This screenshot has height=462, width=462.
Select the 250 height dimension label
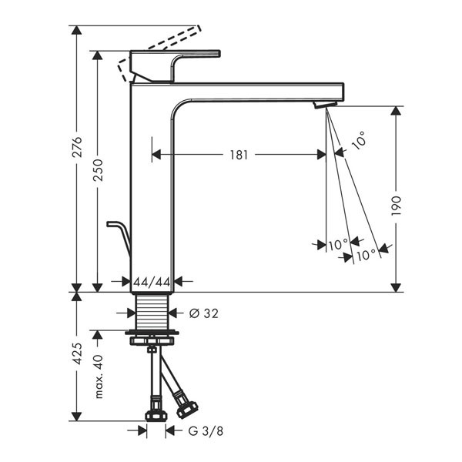(x=98, y=170)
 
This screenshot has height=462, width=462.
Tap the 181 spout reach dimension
(x=239, y=155)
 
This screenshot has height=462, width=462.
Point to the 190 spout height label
(x=397, y=206)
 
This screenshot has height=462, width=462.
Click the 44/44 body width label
(x=152, y=283)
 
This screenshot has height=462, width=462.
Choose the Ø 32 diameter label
(x=204, y=313)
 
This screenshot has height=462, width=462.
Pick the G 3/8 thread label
(x=206, y=431)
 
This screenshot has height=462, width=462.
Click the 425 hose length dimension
(x=77, y=353)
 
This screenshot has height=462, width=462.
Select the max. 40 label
(x=99, y=377)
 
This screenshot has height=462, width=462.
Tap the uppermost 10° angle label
(x=360, y=140)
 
